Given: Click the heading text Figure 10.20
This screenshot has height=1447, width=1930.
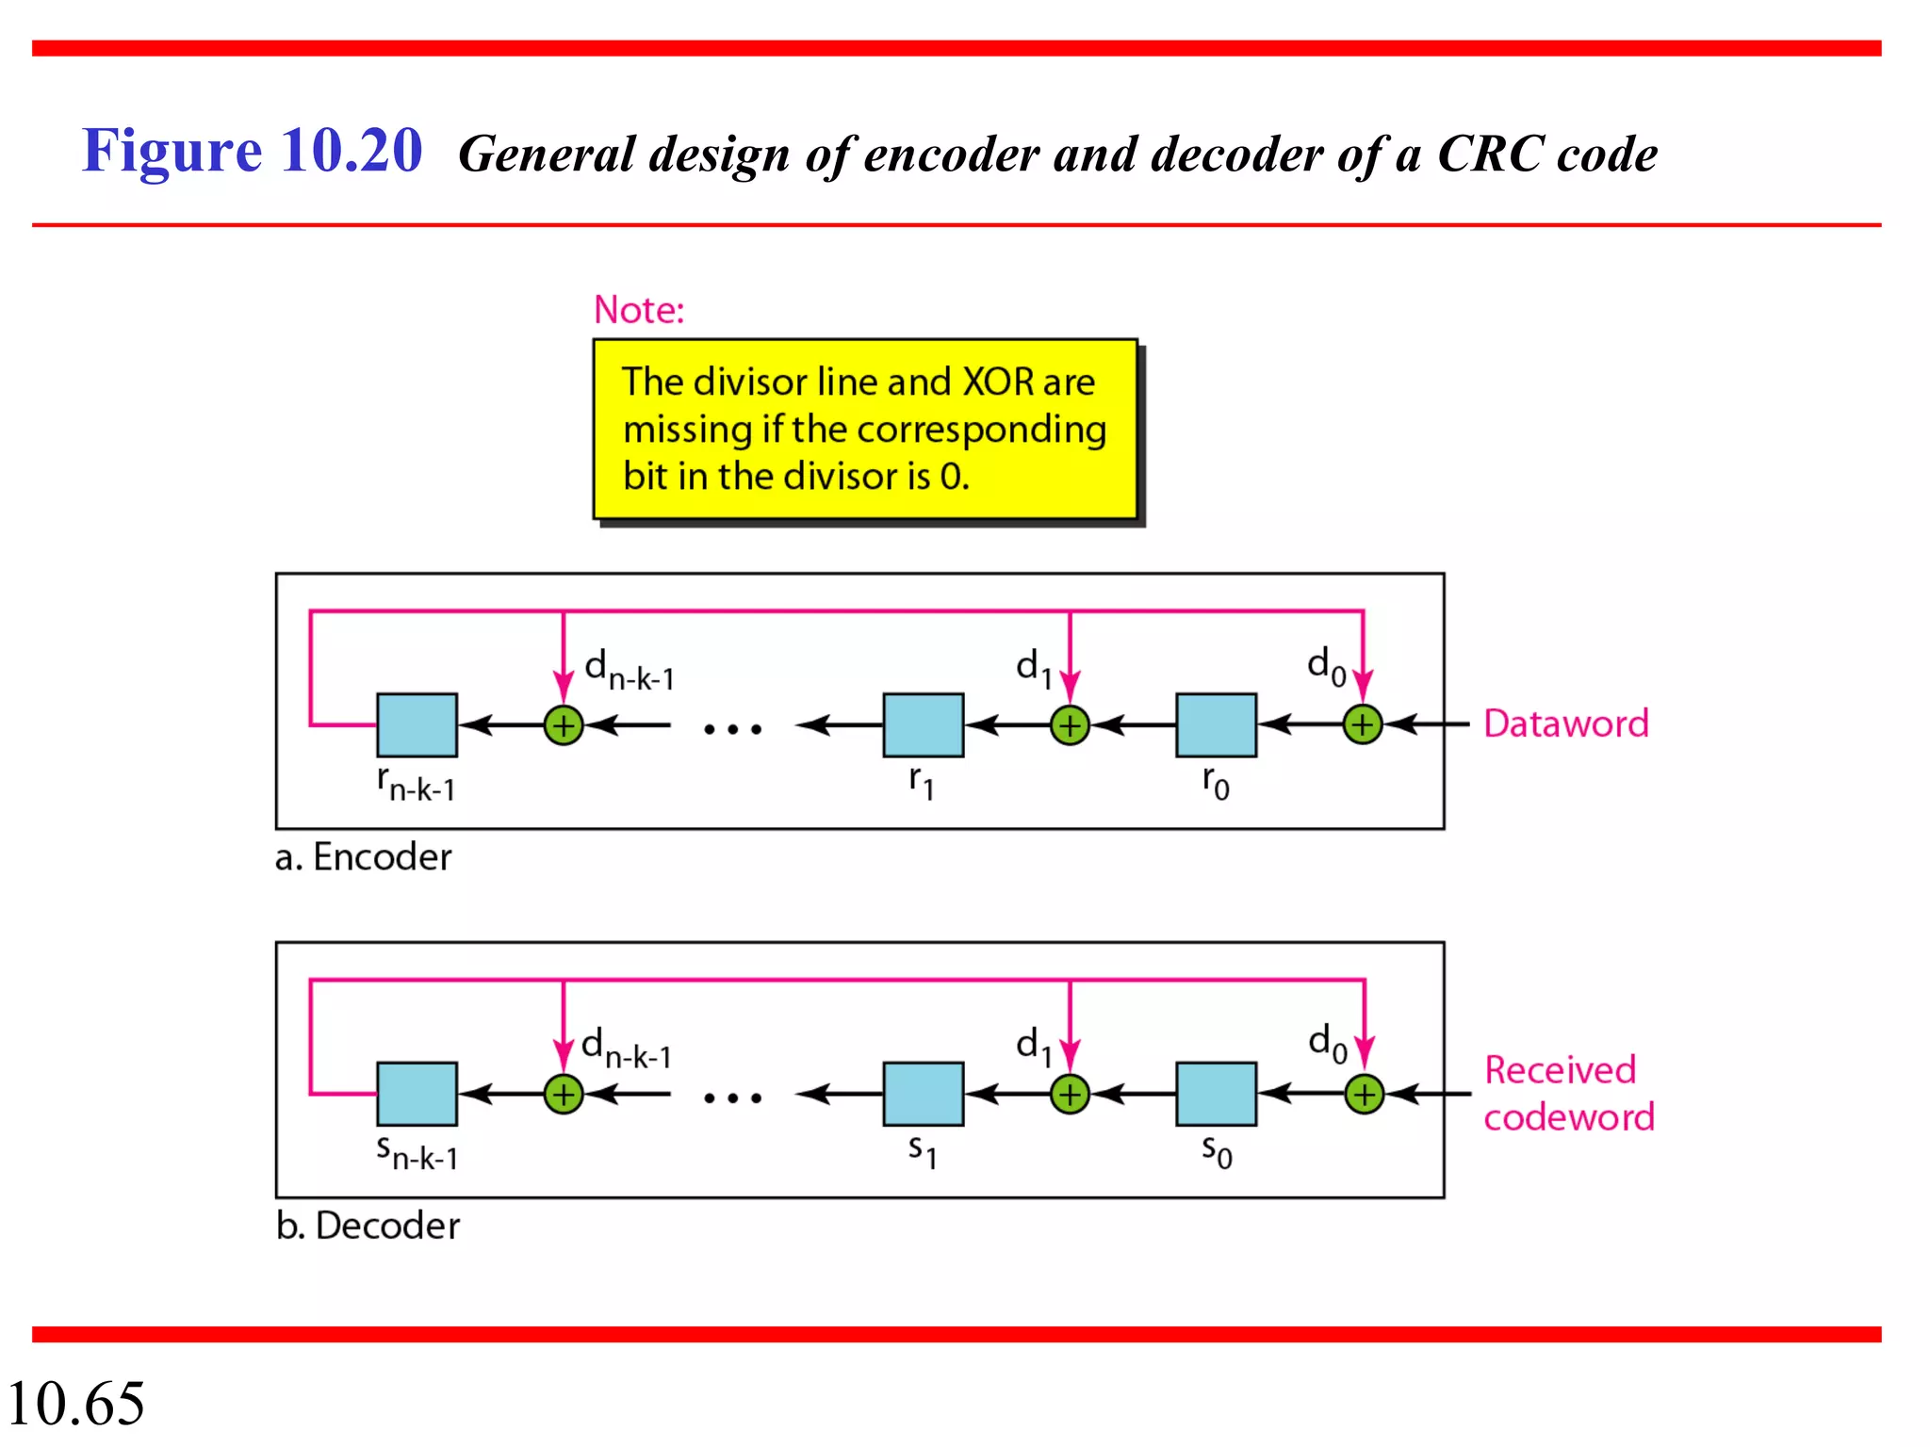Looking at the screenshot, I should [x=252, y=151].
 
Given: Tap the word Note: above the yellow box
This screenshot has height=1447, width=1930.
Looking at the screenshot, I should [x=639, y=310].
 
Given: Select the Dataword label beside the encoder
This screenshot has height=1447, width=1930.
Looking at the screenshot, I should [x=1565, y=723].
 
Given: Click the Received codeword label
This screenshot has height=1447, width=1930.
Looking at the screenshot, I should [x=1568, y=1094].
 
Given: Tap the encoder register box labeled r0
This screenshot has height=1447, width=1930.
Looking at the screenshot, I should [x=1216, y=725].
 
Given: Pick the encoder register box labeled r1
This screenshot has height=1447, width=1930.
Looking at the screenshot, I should [x=923, y=725].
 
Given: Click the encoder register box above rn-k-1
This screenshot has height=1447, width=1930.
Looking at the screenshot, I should [x=417, y=725].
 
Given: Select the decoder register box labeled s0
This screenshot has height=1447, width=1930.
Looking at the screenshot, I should [x=1216, y=1094].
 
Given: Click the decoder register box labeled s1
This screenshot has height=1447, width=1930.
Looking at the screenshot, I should [x=923, y=1094].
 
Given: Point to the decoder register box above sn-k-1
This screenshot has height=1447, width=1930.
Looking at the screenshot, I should [x=417, y=1094].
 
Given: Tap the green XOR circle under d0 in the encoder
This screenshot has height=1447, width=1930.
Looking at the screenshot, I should [x=1363, y=725].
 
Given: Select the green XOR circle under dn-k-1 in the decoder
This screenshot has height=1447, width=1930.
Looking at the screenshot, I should [x=564, y=1095].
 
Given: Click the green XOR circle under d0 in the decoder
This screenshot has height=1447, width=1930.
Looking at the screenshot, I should [x=1364, y=1095].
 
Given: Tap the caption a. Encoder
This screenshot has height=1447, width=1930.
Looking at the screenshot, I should [x=363, y=857].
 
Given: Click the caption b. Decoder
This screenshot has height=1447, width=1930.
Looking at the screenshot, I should [x=368, y=1226].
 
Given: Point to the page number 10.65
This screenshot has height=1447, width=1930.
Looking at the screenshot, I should [x=75, y=1403].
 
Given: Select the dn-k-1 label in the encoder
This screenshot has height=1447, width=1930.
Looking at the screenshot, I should [x=629, y=671].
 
